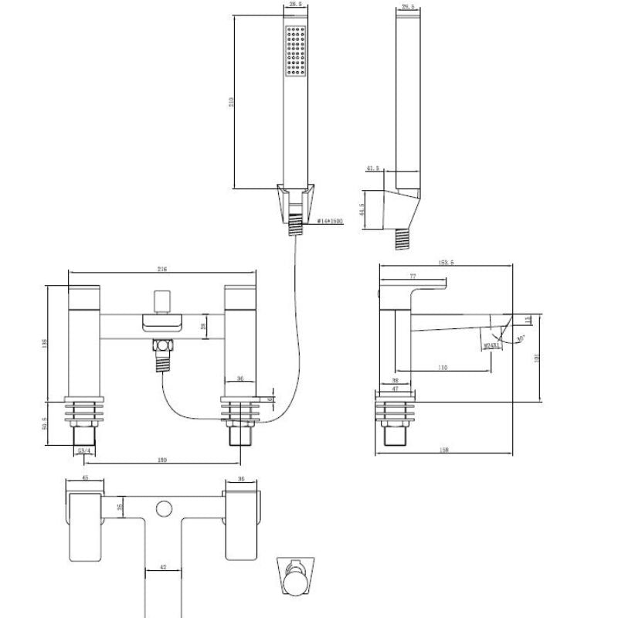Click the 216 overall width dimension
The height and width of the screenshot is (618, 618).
162,269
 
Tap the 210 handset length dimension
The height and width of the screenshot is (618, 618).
229,103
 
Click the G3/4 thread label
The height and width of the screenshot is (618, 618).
86,450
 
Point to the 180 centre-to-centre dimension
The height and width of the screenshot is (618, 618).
162,460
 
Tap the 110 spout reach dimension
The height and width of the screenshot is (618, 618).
442,368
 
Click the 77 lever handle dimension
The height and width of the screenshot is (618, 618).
413,276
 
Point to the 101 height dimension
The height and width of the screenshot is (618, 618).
537,357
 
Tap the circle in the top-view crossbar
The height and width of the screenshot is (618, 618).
163,508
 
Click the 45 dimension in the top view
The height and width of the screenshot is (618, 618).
85,478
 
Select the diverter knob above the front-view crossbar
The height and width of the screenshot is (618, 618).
162,300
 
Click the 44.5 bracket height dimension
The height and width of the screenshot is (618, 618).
362,209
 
